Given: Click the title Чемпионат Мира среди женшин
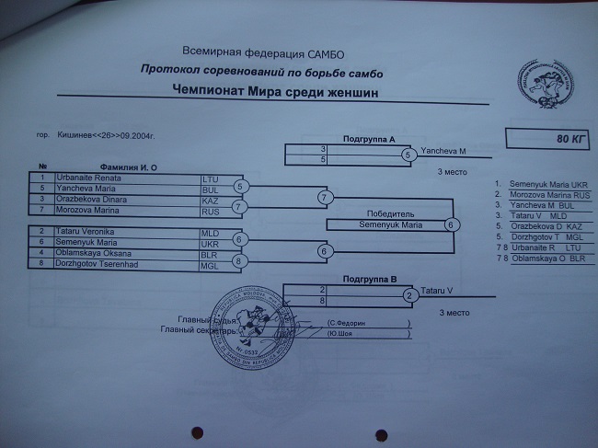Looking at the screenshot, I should point(275,92).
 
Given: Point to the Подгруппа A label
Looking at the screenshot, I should point(369,139).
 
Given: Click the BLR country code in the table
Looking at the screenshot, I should point(213,253).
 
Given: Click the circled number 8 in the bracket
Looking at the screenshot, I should point(239,261).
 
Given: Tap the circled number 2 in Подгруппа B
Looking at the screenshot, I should point(410,295).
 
